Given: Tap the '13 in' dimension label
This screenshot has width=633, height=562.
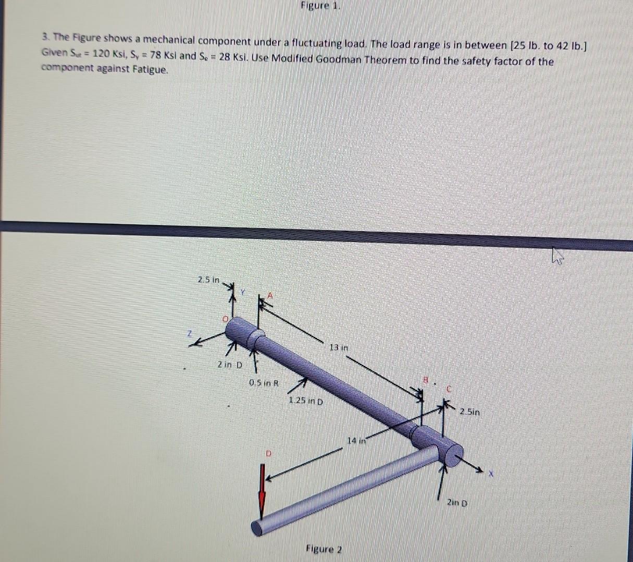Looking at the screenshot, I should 339,347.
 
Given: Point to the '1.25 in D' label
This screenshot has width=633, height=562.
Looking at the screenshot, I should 306,402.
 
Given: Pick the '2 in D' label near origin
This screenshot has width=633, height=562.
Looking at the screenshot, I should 230,365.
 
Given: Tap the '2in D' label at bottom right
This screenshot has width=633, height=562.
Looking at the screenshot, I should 457,503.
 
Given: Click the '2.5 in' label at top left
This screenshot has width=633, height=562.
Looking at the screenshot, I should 207,279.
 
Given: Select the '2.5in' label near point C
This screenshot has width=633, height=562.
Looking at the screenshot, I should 469,412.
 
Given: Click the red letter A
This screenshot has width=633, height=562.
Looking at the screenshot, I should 270,295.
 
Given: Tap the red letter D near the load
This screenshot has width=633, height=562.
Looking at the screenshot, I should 269,453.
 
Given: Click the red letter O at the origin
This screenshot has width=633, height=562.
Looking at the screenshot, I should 226,318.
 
